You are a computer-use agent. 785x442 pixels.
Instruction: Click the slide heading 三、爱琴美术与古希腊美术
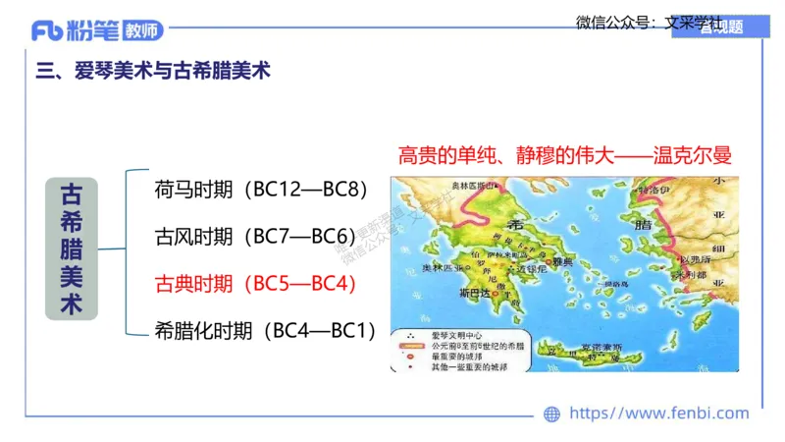click(x=152, y=72)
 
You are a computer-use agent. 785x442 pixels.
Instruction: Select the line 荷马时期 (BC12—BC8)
click(x=261, y=189)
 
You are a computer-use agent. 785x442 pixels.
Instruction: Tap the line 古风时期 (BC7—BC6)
click(x=254, y=237)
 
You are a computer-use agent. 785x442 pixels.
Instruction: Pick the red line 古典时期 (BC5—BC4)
click(x=254, y=284)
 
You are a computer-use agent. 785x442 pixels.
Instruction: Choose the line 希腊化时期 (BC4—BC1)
click(x=266, y=331)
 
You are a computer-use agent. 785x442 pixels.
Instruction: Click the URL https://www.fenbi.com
click(x=658, y=414)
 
